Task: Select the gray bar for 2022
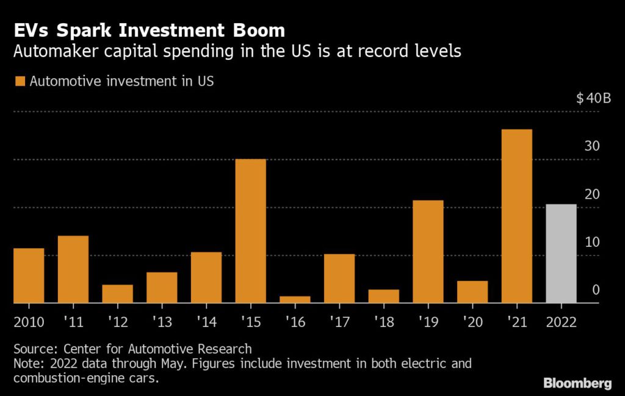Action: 561,254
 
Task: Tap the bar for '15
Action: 250,231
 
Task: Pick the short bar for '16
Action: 295,299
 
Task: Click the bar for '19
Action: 428,252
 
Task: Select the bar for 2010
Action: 29,276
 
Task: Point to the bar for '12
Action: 117,294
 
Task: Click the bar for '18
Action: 383,296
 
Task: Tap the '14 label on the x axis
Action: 206,322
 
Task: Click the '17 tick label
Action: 339,322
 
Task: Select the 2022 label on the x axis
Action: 561,322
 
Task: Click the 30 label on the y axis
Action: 592,147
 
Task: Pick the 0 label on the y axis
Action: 596,290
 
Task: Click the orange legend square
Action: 20,81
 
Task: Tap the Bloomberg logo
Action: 577,383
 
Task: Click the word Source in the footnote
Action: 32,349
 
